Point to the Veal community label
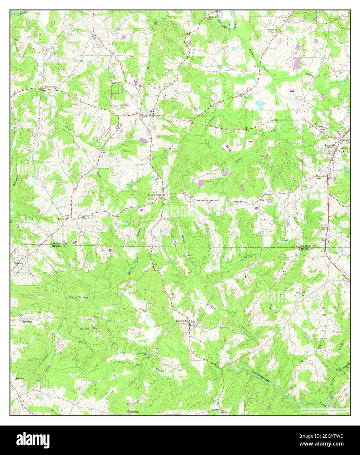[67, 216]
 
